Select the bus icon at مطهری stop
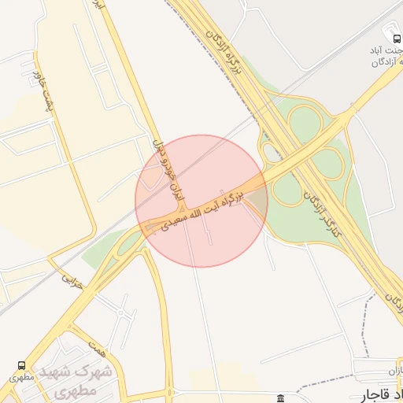point(20,365)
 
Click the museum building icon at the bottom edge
point(281,398)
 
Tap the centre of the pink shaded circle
point(201,201)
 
